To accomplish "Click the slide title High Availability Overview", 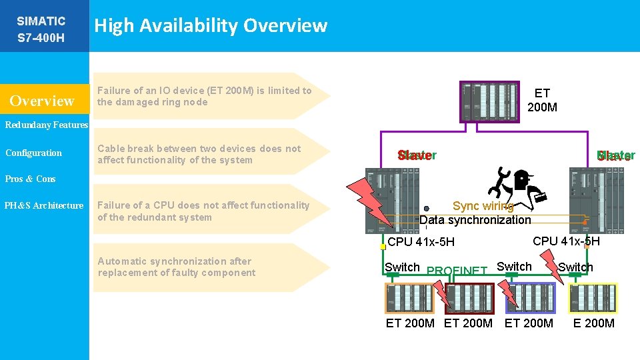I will (211, 26).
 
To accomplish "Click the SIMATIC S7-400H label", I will (41, 29).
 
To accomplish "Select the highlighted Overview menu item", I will (42, 101).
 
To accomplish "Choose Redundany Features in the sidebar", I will (44, 125).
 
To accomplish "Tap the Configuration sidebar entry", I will (33, 153).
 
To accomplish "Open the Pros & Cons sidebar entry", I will (30, 179).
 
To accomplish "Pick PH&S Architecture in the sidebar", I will (44, 205).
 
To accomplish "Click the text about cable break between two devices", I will (199, 154).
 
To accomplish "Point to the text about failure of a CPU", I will (203, 211).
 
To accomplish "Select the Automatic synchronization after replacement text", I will (176, 267).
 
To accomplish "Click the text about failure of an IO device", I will (204, 96).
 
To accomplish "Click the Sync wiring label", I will (483, 206).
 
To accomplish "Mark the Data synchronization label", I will (475, 220).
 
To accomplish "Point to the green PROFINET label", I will (457, 271).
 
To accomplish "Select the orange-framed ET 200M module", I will (409, 298).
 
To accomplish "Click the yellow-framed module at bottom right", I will (593, 298).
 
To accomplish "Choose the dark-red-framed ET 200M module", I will (469, 298).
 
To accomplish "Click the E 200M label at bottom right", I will (593, 323).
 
